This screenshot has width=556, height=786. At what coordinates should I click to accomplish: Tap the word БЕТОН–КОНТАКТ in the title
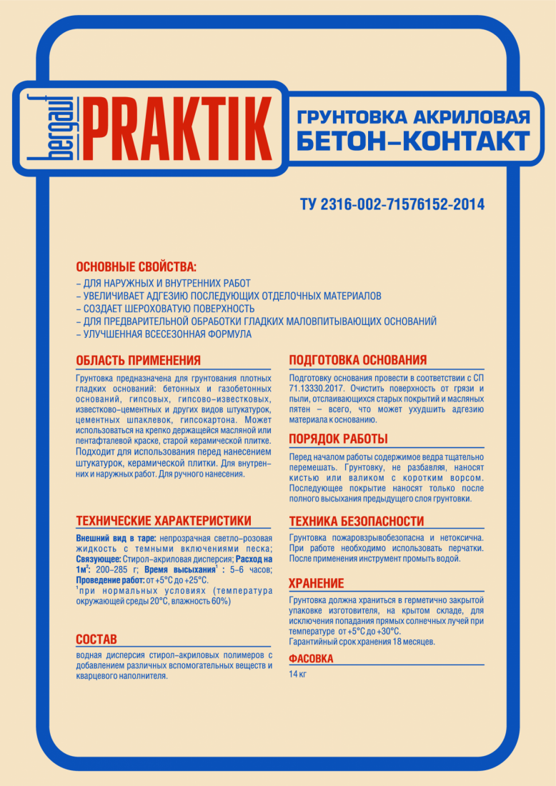[x=413, y=141]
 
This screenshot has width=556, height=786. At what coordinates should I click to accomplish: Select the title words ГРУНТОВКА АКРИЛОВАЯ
[x=413, y=116]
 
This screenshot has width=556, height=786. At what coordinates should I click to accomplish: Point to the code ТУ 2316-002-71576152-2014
[x=392, y=205]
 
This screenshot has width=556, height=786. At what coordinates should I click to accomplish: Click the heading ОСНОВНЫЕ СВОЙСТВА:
[x=136, y=267]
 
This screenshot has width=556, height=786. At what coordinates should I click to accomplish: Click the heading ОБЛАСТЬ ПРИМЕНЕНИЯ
[x=138, y=360]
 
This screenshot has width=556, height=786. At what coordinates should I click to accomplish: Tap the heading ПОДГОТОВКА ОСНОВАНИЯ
[x=357, y=360]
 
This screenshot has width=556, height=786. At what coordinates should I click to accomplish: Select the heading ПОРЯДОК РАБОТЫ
[x=338, y=439]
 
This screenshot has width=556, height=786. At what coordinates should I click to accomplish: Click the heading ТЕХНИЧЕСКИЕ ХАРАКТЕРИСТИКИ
[x=164, y=520]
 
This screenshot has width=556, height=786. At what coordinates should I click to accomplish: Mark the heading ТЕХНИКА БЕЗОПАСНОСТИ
[x=356, y=522]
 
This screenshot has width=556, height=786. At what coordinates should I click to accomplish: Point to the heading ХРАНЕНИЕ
[x=316, y=584]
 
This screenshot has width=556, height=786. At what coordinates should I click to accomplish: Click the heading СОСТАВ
[x=96, y=639]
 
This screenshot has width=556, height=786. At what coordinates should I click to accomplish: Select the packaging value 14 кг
[x=297, y=675]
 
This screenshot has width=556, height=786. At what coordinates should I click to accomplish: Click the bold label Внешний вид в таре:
[x=116, y=537]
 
